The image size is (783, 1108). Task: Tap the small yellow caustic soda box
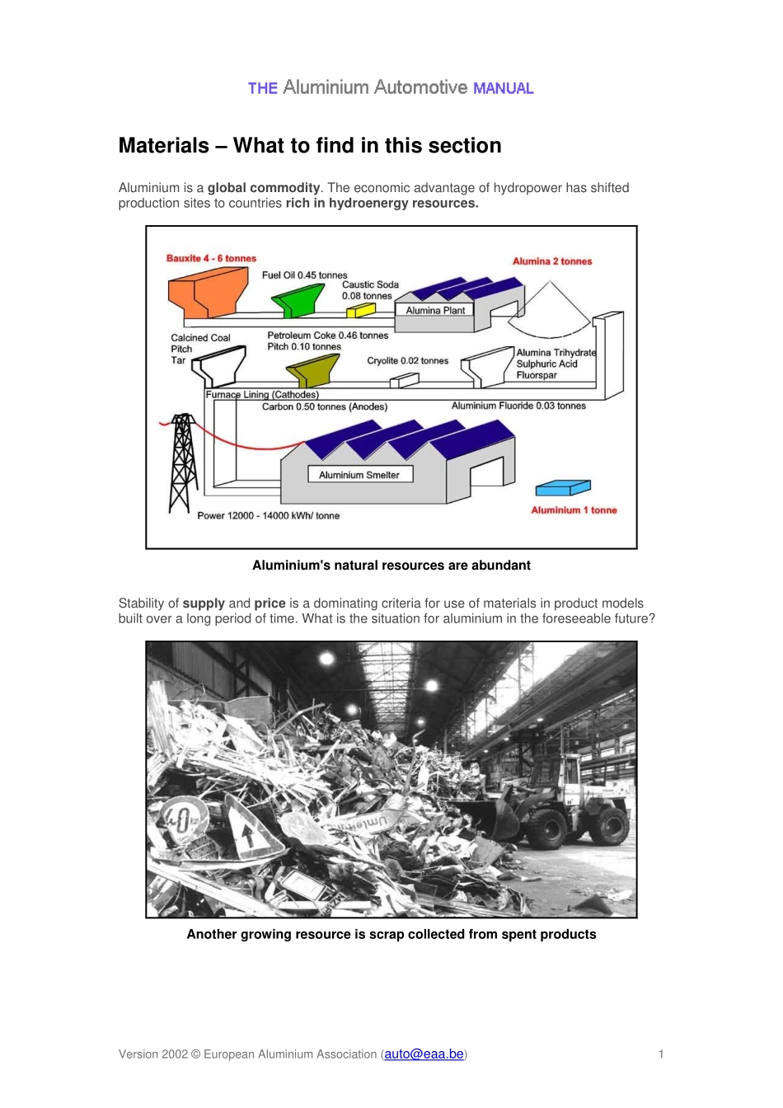coord(360,310)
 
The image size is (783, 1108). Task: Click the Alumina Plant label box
coord(435,311)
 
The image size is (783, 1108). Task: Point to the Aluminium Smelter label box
coord(359,475)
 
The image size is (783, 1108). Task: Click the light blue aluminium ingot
coord(563,488)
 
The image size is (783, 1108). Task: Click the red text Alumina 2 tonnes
coord(552,261)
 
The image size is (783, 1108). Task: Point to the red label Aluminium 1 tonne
coord(574,510)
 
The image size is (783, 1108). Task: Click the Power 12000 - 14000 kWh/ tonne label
coord(268,516)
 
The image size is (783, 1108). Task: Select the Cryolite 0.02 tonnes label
coord(407,361)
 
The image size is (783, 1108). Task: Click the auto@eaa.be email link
coord(424,1054)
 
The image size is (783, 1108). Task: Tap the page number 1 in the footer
coord(661,1054)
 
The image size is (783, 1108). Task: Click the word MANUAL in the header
coord(503,88)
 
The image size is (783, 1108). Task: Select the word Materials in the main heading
coord(164,146)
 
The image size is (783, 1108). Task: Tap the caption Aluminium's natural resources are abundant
coord(391,566)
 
